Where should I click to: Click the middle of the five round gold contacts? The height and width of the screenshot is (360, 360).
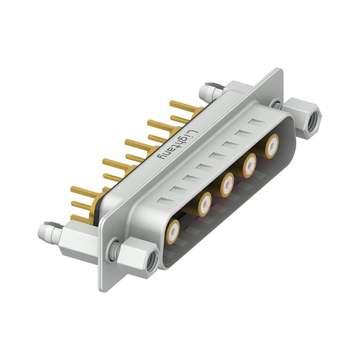click(x=227, y=184)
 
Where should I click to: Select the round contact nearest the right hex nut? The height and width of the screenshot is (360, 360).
click(x=271, y=146)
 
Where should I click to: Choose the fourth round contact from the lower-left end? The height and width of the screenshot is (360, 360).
click(x=249, y=165)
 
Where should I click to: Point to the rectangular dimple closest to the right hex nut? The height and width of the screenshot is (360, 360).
click(x=258, y=123)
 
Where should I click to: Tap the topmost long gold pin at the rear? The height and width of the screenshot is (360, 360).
click(x=184, y=107)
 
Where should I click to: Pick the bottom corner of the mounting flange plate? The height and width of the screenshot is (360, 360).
click(x=103, y=288)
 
